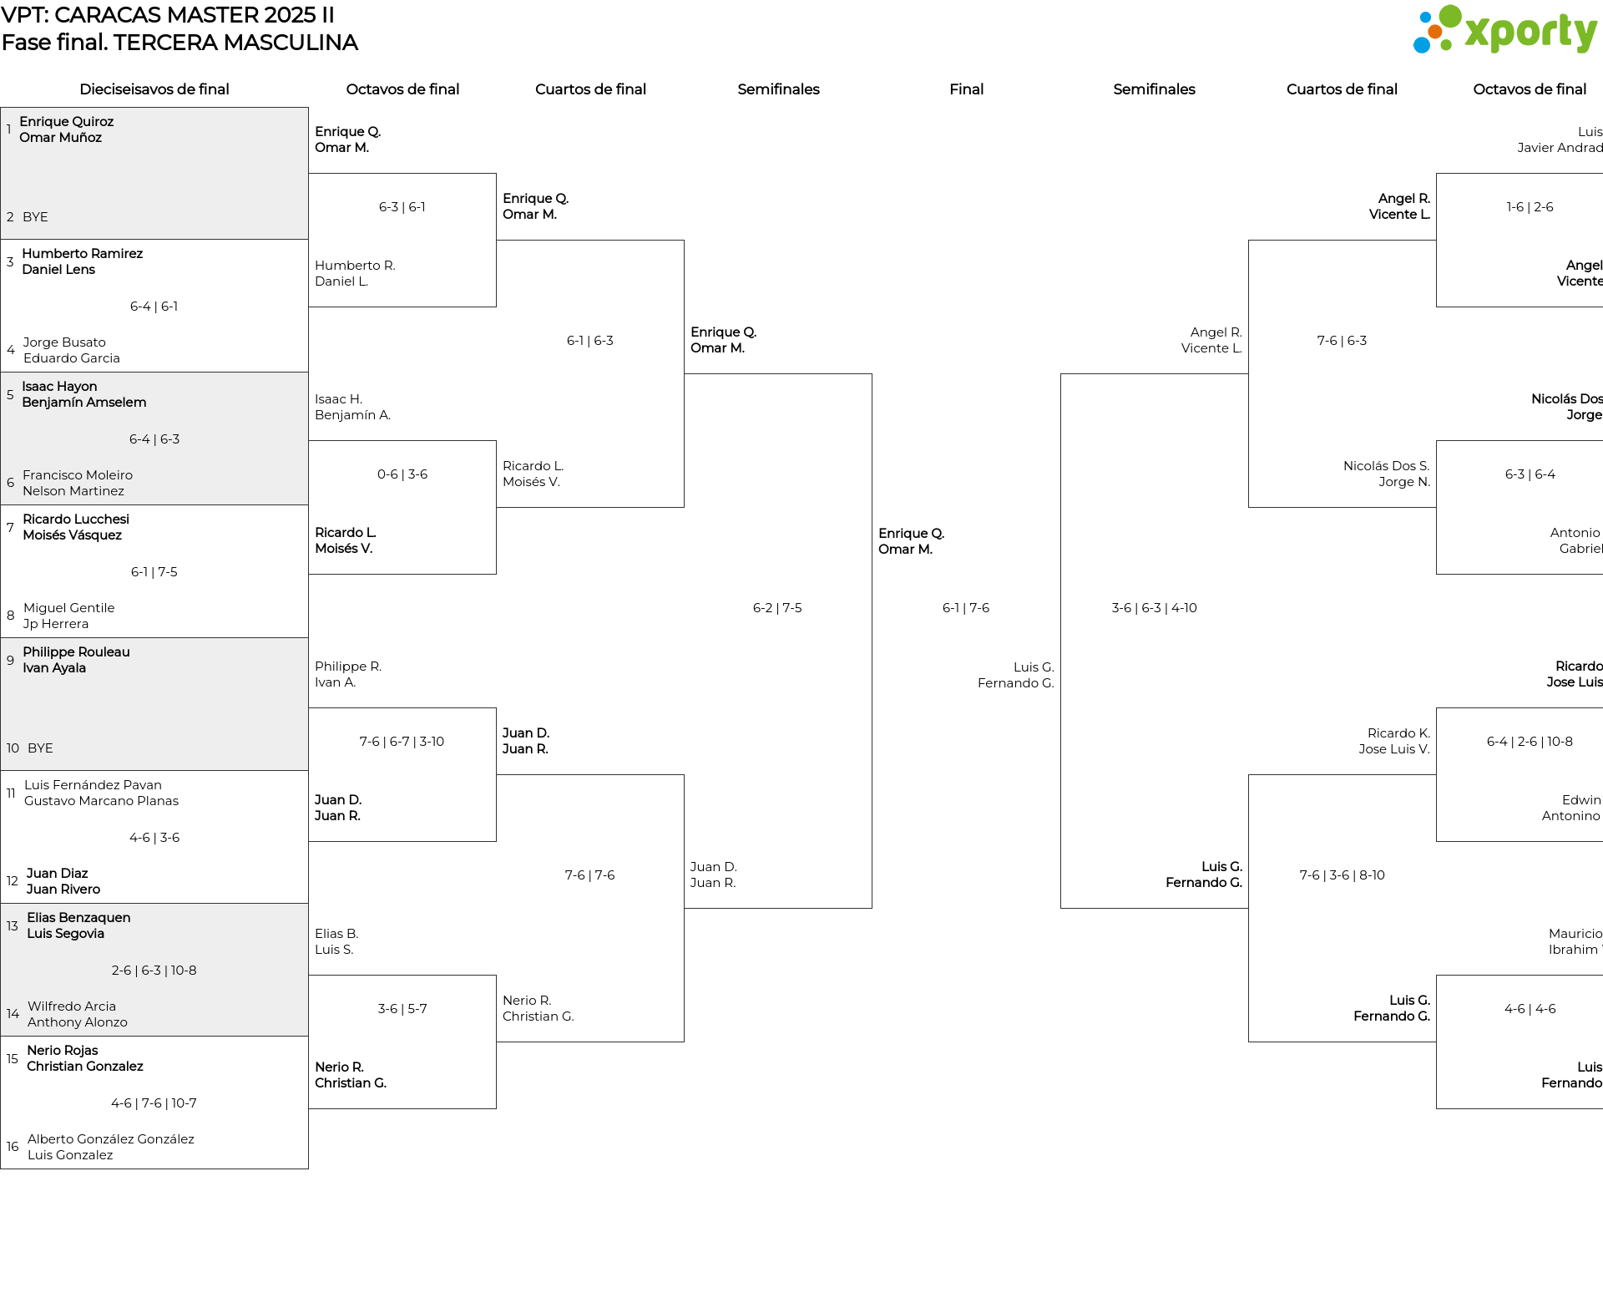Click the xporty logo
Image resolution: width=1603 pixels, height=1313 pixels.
1504,30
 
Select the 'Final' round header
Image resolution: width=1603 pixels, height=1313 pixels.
966,89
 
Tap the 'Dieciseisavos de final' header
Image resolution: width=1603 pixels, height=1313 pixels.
154,89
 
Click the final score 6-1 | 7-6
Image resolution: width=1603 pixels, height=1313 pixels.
966,608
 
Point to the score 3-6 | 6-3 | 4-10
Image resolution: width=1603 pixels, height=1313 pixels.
1154,608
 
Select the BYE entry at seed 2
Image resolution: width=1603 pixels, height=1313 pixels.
35,217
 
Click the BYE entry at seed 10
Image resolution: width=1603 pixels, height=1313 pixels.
40,748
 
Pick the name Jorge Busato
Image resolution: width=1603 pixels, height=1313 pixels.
64,342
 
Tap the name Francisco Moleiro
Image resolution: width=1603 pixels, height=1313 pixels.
78,475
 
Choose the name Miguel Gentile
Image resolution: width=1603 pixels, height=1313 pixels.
69,608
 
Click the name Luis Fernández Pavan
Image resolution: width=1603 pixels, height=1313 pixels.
93,785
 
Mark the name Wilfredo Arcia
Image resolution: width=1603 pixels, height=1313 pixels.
72,1006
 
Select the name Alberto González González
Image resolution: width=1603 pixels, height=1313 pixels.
111,1139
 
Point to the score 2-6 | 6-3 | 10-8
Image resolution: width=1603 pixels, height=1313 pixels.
154,971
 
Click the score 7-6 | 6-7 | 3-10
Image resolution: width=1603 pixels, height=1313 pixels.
402,742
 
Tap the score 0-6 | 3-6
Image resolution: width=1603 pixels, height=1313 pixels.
402,474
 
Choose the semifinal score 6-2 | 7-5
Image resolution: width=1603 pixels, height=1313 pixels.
777,608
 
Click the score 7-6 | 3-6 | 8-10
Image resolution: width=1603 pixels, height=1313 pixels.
1342,875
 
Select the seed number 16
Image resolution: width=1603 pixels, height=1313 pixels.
13,1147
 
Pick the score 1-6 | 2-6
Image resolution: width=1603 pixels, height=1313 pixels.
1530,207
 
